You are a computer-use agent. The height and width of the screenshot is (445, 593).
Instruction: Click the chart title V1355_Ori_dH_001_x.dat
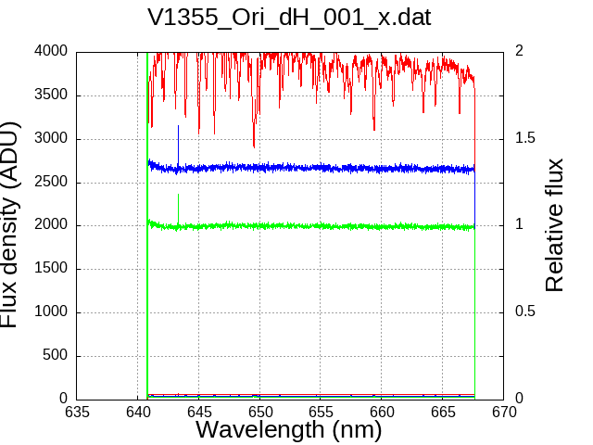click(x=289, y=18)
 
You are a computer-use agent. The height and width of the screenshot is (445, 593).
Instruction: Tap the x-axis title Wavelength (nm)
click(x=288, y=429)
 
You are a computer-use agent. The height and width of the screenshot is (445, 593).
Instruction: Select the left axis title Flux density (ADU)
click(x=9, y=224)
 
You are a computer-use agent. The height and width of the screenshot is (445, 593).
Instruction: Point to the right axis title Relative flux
click(x=554, y=224)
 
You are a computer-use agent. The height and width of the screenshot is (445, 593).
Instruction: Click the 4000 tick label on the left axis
click(x=51, y=50)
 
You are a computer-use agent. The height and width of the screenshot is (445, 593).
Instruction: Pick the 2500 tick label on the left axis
click(x=51, y=182)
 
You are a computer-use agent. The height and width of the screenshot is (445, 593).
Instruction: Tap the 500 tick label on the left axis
click(x=55, y=355)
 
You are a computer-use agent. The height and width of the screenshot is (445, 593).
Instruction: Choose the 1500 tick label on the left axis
click(x=51, y=268)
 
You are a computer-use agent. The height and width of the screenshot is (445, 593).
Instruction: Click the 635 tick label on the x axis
click(x=77, y=412)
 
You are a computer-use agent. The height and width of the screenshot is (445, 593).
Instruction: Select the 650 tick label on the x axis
click(x=259, y=412)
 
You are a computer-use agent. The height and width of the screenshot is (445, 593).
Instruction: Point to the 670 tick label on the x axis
click(x=504, y=412)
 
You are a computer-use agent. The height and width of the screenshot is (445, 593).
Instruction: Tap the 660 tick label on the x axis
click(x=382, y=412)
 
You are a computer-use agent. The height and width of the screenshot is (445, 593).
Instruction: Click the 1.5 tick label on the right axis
click(x=525, y=138)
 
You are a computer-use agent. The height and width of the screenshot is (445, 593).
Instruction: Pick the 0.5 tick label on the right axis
click(x=525, y=311)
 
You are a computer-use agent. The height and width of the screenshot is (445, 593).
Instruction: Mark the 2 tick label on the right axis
click(x=519, y=50)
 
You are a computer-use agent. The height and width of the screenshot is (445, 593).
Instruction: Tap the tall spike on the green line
click(x=178, y=208)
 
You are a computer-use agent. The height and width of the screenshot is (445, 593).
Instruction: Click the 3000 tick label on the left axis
click(x=51, y=138)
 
